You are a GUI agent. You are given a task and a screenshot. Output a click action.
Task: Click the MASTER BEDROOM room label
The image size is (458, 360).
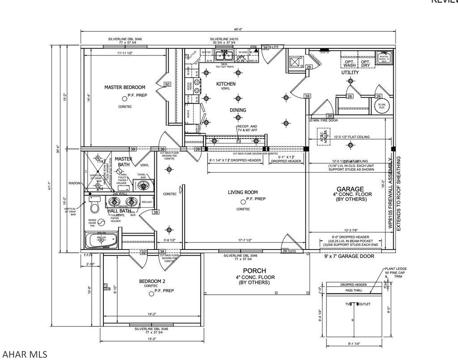click(125, 87)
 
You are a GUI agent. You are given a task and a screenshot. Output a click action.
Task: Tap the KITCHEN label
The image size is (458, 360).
click(226, 84)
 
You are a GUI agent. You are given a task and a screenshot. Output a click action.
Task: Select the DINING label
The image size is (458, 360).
click(237, 110)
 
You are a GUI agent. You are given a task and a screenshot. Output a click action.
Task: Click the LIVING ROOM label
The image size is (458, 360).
click(243, 192)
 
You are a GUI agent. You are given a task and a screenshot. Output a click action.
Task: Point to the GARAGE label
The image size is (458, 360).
click(350, 189)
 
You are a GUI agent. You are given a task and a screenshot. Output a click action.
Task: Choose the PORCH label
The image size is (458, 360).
click(254, 271)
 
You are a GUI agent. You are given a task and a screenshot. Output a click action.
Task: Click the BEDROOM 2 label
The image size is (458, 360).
click(152, 281)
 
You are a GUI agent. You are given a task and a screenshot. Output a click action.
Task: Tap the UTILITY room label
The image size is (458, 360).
click(350, 72)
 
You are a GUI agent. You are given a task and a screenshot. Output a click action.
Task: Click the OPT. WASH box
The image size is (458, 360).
click(350, 64)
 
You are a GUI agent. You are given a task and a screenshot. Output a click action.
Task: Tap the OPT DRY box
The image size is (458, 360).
click(365, 64)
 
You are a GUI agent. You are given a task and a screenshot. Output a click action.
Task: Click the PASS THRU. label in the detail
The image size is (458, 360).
click(353, 291)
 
